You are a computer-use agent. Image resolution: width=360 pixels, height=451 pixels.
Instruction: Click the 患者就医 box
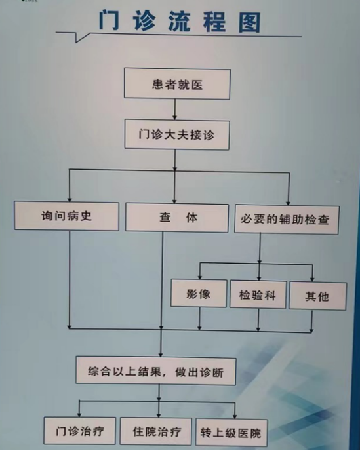point(177,84)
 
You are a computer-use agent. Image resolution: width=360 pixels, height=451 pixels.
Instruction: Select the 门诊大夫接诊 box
point(176,135)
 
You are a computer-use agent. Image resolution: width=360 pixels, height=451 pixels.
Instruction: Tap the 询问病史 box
point(66,216)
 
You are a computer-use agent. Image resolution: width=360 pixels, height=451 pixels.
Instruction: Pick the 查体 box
point(177,218)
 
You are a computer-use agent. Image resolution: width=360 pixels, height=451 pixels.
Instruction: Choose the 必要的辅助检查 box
point(287,220)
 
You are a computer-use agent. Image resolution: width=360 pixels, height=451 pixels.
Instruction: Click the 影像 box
point(199,294)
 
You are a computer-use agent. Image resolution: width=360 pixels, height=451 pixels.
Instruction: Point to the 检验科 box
point(258,295)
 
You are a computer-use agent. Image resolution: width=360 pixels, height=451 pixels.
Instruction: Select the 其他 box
point(317,296)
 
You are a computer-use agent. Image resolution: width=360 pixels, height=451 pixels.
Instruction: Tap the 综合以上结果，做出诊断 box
point(155,371)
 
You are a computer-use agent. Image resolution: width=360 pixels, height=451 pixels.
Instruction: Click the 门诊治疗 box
point(80,431)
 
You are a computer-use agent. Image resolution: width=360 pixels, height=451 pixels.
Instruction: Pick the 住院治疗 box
point(155,432)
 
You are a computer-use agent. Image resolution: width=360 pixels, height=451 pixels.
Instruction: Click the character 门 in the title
point(109,21)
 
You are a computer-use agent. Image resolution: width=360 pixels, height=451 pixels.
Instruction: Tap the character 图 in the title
point(249,22)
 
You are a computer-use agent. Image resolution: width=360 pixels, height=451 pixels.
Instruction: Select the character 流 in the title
point(179,22)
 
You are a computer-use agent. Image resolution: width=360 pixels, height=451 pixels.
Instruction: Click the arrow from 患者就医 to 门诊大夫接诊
point(174,109)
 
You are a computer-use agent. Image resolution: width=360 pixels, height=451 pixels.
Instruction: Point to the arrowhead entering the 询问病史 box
point(70,199)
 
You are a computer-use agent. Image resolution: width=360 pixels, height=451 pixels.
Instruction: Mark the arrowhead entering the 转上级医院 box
point(235,416)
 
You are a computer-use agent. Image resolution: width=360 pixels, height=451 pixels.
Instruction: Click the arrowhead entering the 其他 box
point(313,279)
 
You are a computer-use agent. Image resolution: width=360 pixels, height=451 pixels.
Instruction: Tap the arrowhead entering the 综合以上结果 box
point(161,354)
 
